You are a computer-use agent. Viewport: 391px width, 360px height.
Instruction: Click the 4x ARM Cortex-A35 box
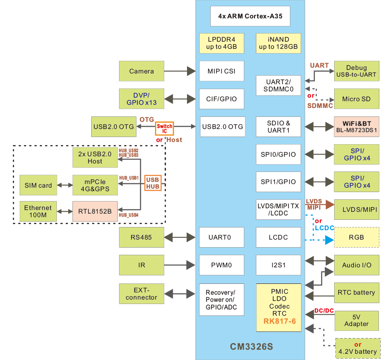tap(250, 16)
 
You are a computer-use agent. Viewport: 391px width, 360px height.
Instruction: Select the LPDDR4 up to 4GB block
tap(221, 43)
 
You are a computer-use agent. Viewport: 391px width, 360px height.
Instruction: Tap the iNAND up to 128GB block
tap(278, 43)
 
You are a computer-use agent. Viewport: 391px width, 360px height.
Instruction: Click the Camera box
tap(141, 71)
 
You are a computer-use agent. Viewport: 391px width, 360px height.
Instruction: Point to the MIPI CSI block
tap(221, 71)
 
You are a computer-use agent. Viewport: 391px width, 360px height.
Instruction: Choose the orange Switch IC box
tap(164, 129)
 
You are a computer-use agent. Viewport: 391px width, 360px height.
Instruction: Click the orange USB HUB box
tap(153, 183)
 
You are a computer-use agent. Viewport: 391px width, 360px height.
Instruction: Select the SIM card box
tap(38, 185)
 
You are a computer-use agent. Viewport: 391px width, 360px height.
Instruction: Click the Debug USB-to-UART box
tap(357, 71)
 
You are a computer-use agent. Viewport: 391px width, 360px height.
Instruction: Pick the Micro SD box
tap(357, 99)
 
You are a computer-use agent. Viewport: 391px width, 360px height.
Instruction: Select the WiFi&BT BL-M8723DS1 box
tap(357, 127)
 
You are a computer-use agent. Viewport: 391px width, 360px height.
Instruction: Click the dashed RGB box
tap(357, 237)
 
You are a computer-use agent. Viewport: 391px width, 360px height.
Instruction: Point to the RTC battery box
tap(357, 293)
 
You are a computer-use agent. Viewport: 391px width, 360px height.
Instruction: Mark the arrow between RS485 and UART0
tap(182, 237)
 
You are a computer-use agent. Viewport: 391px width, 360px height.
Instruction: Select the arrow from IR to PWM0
tap(182, 265)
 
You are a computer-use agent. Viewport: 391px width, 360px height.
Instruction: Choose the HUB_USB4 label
tap(128, 215)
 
